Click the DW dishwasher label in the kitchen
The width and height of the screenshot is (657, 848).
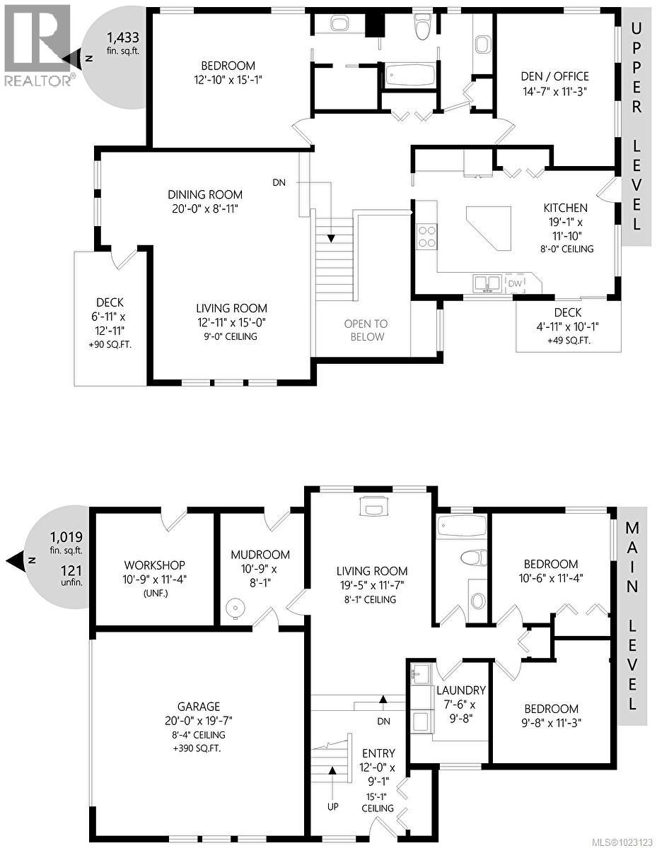coord(516,283)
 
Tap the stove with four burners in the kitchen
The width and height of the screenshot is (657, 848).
coord(427,236)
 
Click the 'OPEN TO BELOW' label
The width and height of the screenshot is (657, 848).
coord(365,330)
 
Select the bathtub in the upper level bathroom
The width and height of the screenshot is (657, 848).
coord(410,75)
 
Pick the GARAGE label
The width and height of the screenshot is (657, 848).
coord(199,706)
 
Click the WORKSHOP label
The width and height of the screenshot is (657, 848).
coord(154,565)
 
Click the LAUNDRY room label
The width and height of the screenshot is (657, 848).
coord(460,690)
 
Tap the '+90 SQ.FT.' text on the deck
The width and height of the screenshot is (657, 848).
coord(110,345)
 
